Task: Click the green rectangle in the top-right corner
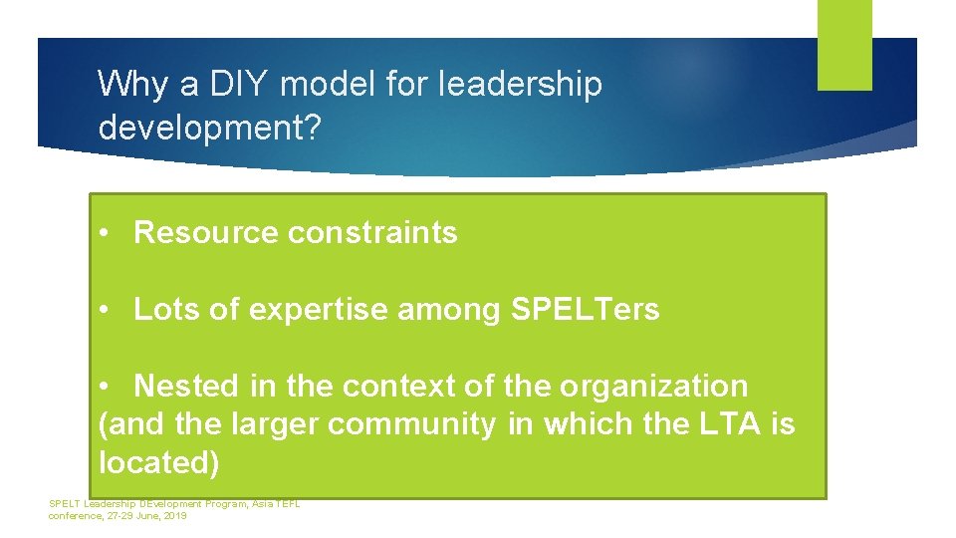[x=844, y=45]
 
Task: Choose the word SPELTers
[x=585, y=310]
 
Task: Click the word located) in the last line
[x=159, y=462]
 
